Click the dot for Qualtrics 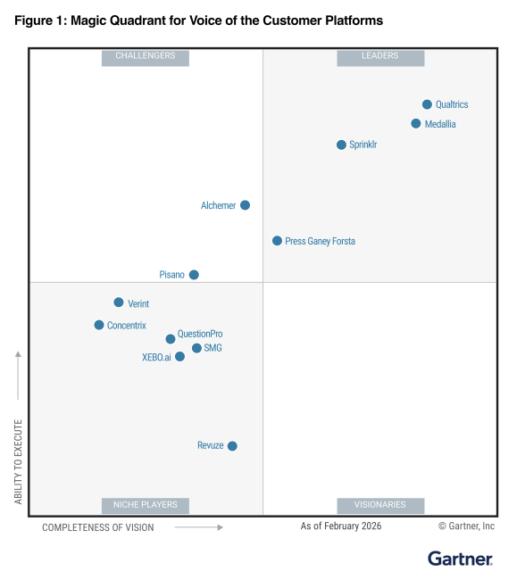[x=427, y=104]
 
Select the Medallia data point [x=416, y=124]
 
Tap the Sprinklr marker [x=341, y=145]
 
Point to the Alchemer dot [x=245, y=205]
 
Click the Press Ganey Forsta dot [x=277, y=241]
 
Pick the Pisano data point [x=194, y=275]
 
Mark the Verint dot [x=119, y=302]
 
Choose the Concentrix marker [x=99, y=325]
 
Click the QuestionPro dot [x=171, y=339]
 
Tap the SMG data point [x=196, y=348]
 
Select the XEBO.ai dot [x=179, y=356]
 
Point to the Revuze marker [x=232, y=445]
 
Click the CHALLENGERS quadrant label [x=146, y=57]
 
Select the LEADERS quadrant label [x=380, y=57]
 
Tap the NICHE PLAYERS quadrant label [x=146, y=505]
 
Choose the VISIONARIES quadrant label [x=380, y=505]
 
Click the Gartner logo [x=460, y=559]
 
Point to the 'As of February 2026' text [x=341, y=526]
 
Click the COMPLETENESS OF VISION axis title [x=98, y=527]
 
